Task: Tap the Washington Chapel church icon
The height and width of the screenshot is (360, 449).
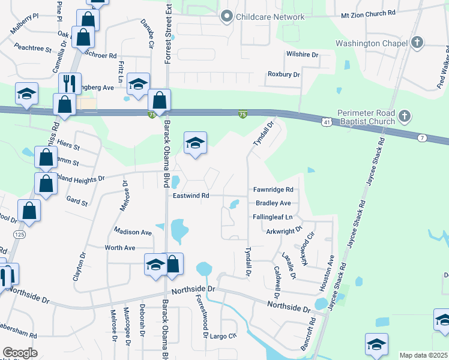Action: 418,43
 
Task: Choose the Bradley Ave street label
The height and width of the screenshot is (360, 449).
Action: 273,203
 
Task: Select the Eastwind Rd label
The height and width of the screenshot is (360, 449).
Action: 190,196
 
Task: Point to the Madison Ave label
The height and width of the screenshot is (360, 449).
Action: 133,232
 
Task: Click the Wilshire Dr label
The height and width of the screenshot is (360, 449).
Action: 301,54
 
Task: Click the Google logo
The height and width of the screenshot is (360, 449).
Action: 20,353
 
